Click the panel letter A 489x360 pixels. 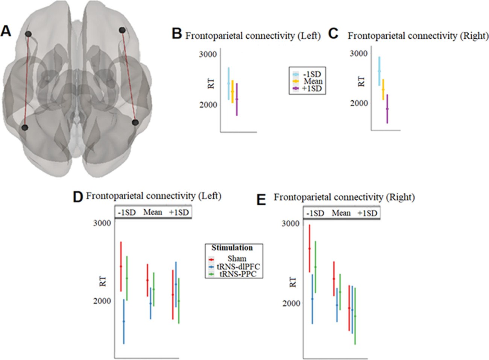(x=6, y=31)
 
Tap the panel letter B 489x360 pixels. (x=177, y=34)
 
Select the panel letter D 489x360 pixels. (x=77, y=197)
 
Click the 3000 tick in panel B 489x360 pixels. (x=208, y=54)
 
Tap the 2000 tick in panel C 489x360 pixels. (x=359, y=103)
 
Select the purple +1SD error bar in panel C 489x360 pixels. (x=387, y=109)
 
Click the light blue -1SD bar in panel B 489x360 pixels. (x=228, y=83)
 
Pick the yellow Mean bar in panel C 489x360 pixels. (x=383, y=89)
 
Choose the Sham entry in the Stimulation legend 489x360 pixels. (x=237, y=259)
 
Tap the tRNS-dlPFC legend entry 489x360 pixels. (x=238, y=266)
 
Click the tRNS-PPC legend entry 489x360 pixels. (x=238, y=274)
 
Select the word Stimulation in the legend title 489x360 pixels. (x=232, y=248)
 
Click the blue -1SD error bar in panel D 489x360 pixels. (x=124, y=321)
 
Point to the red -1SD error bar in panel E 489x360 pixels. (x=309, y=248)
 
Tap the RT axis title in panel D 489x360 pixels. (x=103, y=281)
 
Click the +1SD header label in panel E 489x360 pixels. (x=367, y=213)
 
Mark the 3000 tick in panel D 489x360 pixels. (x=102, y=223)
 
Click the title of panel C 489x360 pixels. (x=418, y=36)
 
